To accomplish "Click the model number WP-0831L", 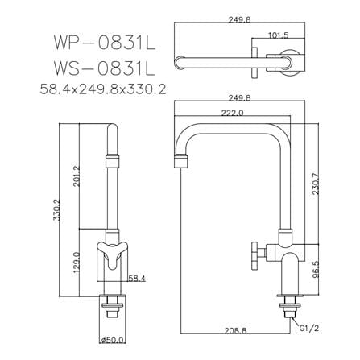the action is (105, 43).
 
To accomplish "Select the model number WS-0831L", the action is (105, 68).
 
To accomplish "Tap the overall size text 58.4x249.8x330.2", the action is (103, 89).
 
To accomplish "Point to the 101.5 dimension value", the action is (279, 35).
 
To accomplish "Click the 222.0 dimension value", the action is (232, 113).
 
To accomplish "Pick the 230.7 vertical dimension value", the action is (316, 184).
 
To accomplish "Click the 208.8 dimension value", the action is (235, 330).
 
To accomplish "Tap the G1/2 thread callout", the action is (309, 328).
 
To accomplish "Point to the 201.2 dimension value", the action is (77, 176).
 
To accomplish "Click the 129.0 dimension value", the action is (77, 263).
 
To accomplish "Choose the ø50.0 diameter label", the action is (113, 341).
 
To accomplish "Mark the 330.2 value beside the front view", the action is (56, 210).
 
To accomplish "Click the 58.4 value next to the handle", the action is (137, 279).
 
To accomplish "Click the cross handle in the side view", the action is (254, 255).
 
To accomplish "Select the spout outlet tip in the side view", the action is (181, 161).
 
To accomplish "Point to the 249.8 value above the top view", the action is (239, 19).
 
